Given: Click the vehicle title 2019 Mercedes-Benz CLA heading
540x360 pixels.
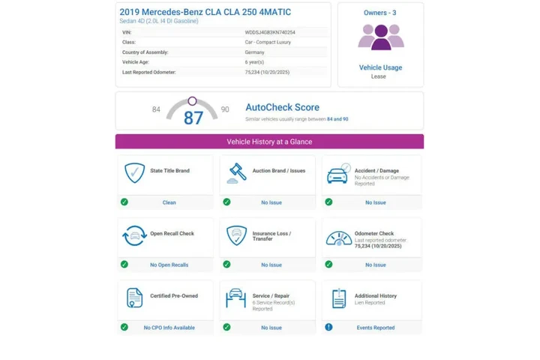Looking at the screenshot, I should click(205, 12).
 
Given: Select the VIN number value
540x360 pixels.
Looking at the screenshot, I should click(270, 32).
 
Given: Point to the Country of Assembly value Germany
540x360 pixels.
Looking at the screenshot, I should click(254, 52).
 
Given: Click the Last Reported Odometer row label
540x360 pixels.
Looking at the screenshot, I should click(149, 72).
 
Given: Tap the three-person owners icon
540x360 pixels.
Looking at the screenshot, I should click(381, 37).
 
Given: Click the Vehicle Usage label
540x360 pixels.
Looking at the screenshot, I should click(380, 67).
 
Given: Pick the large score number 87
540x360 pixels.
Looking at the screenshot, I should click(193, 118).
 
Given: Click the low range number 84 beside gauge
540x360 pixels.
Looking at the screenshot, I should click(156, 109).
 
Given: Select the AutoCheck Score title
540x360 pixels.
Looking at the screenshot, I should click(282, 108).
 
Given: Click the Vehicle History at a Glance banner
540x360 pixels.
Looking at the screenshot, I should click(269, 142).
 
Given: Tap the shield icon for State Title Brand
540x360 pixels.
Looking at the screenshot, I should click(134, 173).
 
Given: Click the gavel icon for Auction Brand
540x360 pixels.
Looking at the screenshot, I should click(237, 173).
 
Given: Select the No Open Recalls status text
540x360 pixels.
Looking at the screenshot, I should click(169, 265).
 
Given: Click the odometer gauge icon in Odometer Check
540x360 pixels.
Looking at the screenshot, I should click(339, 237).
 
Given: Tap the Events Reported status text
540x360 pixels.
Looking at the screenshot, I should click(375, 328).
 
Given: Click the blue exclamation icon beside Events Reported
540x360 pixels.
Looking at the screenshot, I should click(328, 327).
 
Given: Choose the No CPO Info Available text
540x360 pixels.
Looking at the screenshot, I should click(169, 328).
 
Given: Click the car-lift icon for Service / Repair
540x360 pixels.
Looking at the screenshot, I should click(237, 298).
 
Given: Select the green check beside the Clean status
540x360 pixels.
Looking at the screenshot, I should click(124, 202).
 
